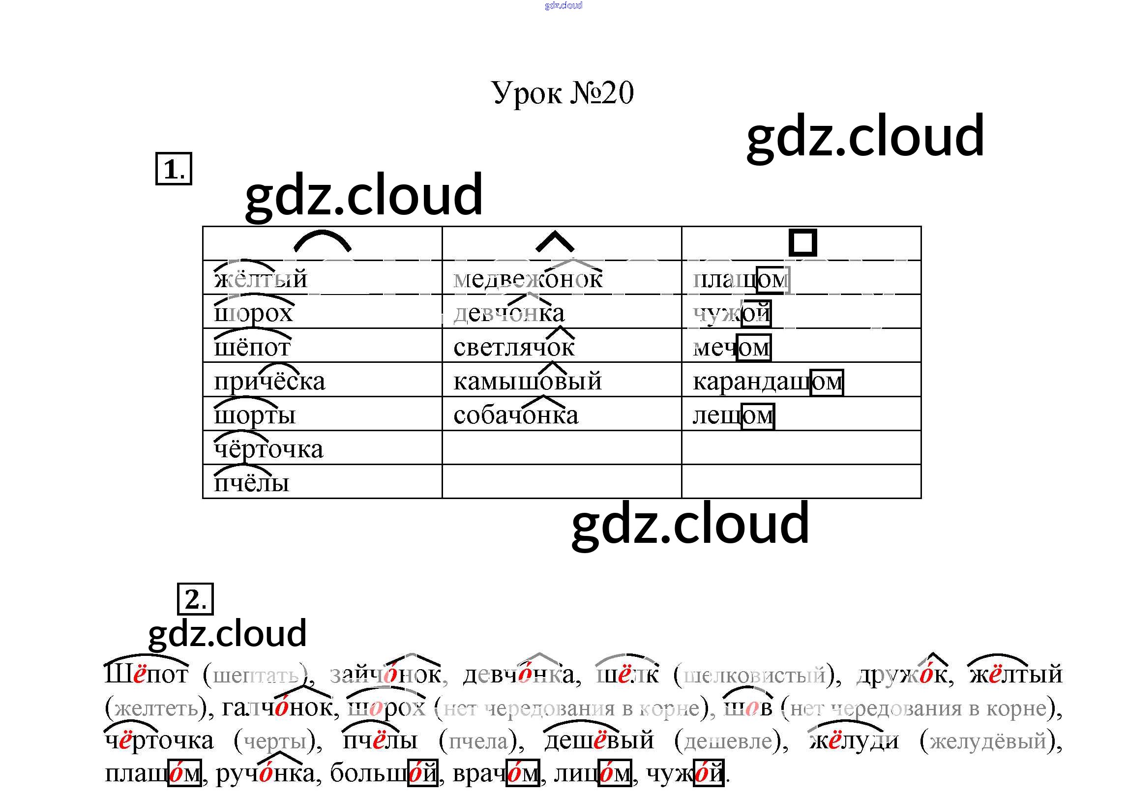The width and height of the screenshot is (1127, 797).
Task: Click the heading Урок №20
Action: [x=563, y=93]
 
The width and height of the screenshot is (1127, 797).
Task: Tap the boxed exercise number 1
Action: [x=173, y=170]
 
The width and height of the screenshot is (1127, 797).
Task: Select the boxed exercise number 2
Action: [x=195, y=599]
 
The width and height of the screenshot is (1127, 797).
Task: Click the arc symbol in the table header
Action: [x=322, y=242]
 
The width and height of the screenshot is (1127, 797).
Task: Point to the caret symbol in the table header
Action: [x=555, y=242]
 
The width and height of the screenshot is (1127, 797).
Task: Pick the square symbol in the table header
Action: [x=802, y=242]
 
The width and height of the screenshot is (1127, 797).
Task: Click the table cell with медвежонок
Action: [x=528, y=279]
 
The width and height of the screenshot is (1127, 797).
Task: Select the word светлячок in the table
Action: [x=514, y=347]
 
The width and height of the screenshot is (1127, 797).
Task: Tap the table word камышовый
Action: [x=528, y=381]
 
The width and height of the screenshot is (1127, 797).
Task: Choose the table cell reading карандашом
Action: [x=768, y=382]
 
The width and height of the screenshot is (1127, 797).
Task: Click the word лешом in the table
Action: [x=733, y=415]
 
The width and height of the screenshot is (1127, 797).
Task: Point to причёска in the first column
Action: [x=269, y=381]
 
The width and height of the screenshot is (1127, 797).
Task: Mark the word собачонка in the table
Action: [x=516, y=415]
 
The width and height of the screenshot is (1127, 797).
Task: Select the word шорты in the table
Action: [x=255, y=415]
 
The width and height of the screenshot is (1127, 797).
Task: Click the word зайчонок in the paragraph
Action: [x=386, y=675]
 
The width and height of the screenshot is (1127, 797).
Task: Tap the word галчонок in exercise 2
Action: [x=277, y=708]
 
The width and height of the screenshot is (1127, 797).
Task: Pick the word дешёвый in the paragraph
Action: [x=599, y=740]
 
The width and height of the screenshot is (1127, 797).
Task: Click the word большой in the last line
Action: [x=384, y=773]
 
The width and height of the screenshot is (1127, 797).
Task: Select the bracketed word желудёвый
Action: [x=988, y=740]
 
